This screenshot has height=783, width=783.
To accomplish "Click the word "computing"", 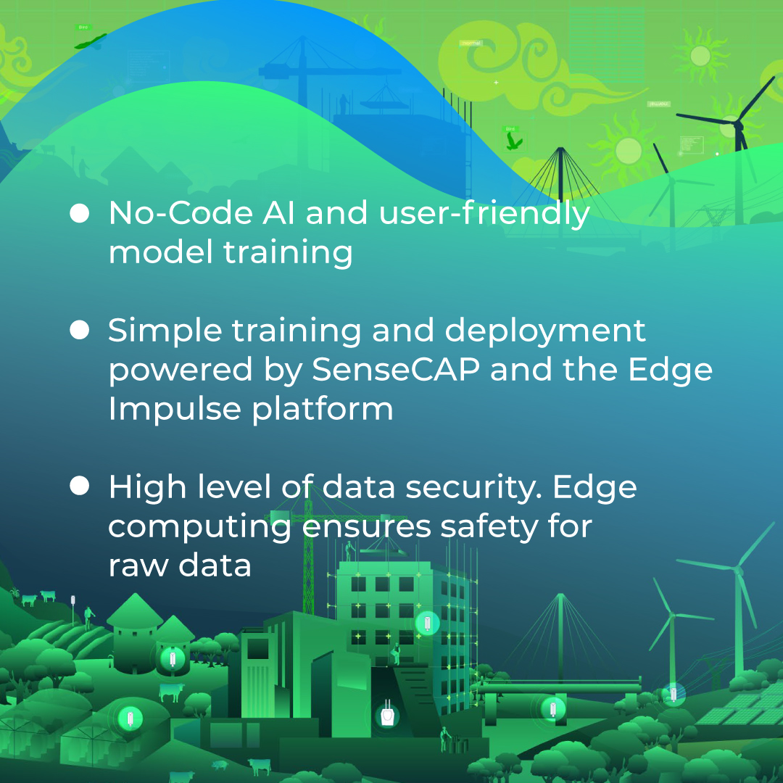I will coord(199,526).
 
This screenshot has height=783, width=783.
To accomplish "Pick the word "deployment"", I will coord(544,331).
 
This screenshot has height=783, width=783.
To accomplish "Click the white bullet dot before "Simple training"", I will coord(79,330).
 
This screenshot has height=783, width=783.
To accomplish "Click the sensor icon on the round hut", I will coord(173,659).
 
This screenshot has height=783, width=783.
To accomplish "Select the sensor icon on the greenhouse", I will coord(130,718).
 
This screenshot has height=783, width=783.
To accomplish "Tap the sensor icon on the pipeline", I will coord(553,707).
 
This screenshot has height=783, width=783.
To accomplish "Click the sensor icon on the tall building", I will coord(427,623).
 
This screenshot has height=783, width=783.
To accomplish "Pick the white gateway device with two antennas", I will coord(388,714).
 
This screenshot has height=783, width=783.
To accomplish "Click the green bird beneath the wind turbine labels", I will coord(513,140).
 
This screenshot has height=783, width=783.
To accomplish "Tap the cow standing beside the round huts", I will coord(172,691).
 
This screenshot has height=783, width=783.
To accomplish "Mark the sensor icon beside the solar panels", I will coord(674,693).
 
